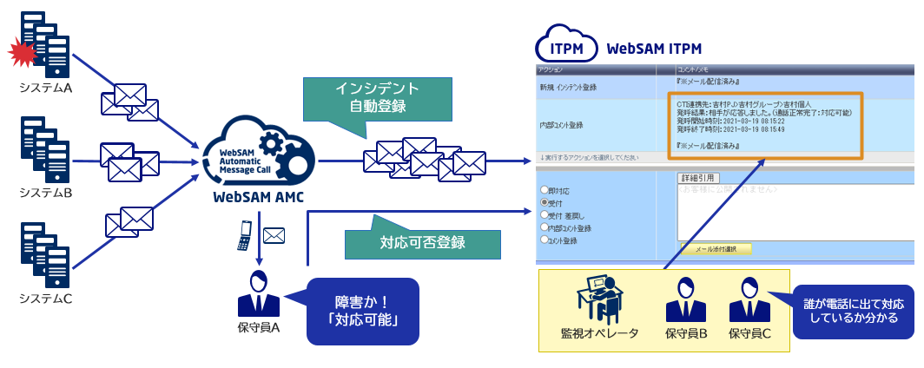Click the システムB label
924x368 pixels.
[x=45, y=193]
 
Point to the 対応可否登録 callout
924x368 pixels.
[x=423, y=243]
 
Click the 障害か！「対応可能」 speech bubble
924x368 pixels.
[x=366, y=311]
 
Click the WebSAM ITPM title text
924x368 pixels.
[x=654, y=48]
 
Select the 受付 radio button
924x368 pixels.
[x=544, y=201]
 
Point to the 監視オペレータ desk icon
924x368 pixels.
[x=599, y=300]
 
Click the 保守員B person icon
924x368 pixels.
[x=685, y=300]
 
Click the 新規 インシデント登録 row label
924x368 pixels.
[x=574, y=88]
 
